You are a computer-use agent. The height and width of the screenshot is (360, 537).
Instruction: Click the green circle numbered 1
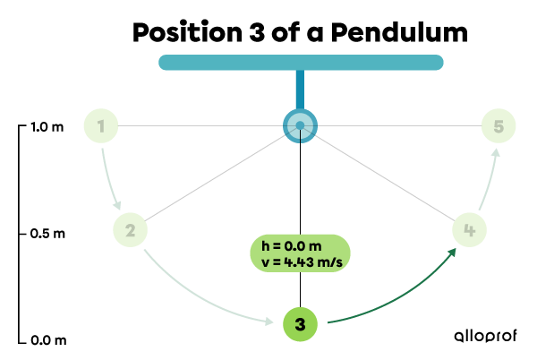pos(101,127)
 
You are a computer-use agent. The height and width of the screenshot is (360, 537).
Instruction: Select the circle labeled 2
pos(130,230)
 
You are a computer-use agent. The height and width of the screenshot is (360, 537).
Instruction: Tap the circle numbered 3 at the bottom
pos(300,324)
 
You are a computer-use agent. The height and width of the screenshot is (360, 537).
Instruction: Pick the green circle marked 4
pos(469,230)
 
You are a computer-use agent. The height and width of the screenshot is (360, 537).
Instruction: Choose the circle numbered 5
pos(499,126)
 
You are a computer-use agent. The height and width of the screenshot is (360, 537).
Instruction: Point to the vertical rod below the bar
pos(300,89)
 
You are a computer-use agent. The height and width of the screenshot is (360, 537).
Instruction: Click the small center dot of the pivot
pos(300,125)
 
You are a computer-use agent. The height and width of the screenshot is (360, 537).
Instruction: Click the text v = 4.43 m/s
pos(301,261)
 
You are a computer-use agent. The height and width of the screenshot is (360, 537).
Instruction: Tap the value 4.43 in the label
pos(299,261)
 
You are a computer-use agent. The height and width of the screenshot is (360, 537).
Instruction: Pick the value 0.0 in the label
pos(297,245)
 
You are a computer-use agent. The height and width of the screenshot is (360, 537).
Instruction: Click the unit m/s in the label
pos(331,261)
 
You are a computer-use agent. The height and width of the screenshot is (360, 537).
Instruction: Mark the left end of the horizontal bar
pos(164,63)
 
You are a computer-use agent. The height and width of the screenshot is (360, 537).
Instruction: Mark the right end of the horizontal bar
pos(438,63)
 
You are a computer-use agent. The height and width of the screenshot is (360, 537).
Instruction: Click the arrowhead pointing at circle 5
pos(495,154)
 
